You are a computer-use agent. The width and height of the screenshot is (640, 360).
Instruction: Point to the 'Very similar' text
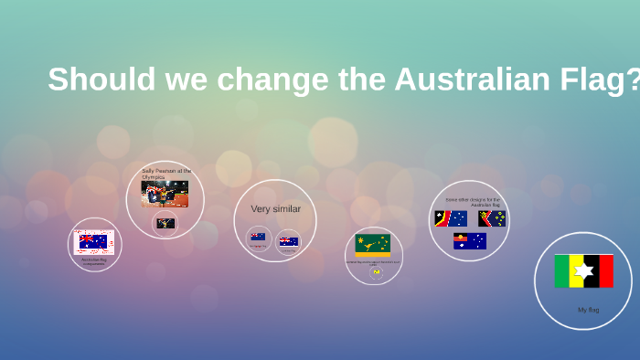tap(275, 209)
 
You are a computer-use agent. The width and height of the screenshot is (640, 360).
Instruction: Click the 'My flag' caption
tap(588, 310)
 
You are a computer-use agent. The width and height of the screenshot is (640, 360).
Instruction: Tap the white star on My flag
tap(583, 271)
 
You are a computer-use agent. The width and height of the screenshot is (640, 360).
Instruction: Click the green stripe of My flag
tap(562, 271)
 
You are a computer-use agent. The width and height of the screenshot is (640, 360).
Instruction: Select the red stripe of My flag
tap(605, 271)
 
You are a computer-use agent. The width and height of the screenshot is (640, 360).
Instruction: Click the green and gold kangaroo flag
tap(372, 244)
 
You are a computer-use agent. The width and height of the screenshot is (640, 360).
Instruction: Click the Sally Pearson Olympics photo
tap(165, 194)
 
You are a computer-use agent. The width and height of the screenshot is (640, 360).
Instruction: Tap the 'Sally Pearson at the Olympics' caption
tap(165, 174)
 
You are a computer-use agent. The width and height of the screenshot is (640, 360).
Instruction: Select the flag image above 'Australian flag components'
tap(93, 241)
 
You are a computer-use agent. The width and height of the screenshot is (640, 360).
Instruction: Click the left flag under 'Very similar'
tap(258, 237)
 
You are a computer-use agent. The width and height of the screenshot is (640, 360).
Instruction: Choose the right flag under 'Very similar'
tap(289, 241)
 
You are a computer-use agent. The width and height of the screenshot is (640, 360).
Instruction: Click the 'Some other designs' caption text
tap(473, 201)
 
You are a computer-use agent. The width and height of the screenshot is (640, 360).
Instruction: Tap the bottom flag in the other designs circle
tap(470, 241)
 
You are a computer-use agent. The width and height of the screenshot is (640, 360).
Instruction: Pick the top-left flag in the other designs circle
tap(451, 218)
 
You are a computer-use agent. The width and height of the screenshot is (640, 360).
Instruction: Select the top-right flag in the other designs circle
tap(492, 218)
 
